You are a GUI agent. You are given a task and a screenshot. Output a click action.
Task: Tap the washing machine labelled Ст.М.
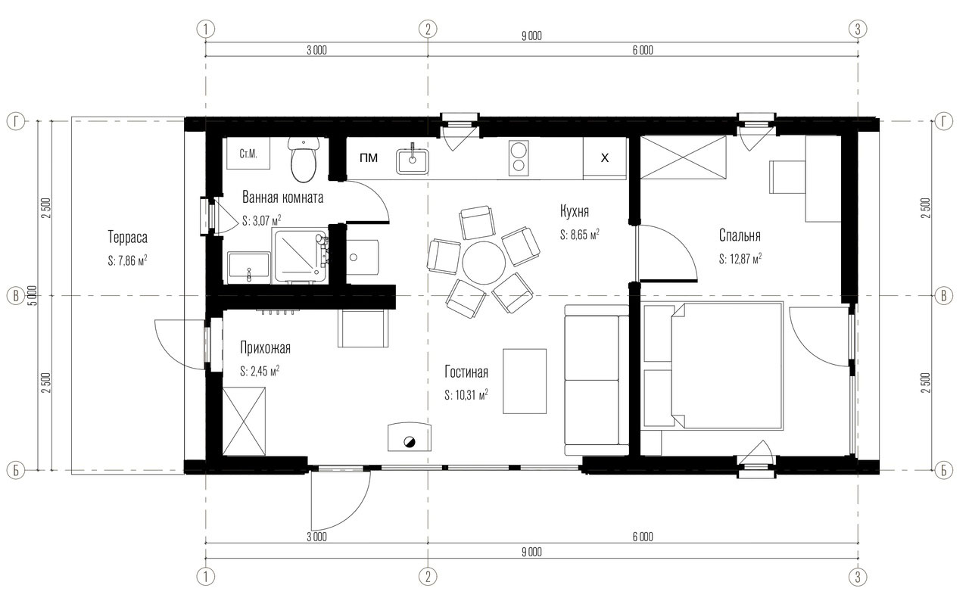pyautogui.click(x=248, y=153)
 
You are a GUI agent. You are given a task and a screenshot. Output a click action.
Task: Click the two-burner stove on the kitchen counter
pyautogui.click(x=519, y=158)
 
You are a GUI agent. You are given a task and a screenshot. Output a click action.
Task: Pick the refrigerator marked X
pyautogui.click(x=604, y=158)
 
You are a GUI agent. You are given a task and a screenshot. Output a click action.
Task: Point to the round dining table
pyautogui.click(x=484, y=262)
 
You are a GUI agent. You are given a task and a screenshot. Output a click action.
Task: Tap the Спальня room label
pyautogui.click(x=740, y=235)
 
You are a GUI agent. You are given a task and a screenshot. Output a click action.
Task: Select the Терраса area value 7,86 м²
pyautogui.click(x=127, y=260)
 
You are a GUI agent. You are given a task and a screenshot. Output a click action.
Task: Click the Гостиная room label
pyautogui.click(x=466, y=372)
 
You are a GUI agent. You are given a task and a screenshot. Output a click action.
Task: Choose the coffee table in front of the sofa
pyautogui.click(x=525, y=381)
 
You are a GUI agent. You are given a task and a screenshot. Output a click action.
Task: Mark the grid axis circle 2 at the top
pyautogui.click(x=428, y=30)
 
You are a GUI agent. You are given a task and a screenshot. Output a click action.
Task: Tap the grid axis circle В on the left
pyautogui.click(x=16, y=296)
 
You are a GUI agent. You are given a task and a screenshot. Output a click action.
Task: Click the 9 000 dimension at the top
pyautogui.click(x=531, y=36)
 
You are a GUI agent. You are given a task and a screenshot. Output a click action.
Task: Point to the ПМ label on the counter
pyautogui.click(x=369, y=158)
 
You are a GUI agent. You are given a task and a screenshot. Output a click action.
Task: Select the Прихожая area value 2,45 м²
pyautogui.click(x=260, y=371)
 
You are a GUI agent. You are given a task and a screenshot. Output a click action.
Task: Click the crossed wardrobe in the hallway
pyautogui.click(x=244, y=421)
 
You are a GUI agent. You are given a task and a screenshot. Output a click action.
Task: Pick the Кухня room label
pyautogui.click(x=574, y=211)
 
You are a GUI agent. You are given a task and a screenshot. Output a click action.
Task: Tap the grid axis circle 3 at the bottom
pyautogui.click(x=858, y=577)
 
